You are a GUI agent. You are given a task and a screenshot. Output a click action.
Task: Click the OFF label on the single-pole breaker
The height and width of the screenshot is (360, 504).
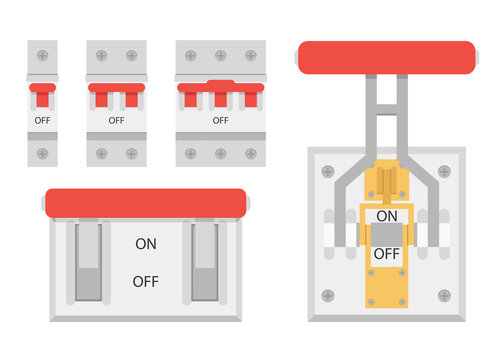[43, 120]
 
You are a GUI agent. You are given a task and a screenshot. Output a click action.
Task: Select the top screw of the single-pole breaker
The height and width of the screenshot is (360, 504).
[43, 56]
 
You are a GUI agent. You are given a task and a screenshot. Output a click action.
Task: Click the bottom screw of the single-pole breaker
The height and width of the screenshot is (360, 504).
[43, 153]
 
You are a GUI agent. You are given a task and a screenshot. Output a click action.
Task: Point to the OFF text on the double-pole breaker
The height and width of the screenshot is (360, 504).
[116, 120]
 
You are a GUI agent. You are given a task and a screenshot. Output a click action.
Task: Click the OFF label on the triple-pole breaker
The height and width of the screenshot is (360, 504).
[220, 120]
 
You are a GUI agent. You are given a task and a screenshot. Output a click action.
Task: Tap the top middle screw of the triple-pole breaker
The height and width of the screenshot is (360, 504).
[220, 56]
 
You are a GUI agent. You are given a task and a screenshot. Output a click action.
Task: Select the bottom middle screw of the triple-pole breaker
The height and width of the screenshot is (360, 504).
[220, 153]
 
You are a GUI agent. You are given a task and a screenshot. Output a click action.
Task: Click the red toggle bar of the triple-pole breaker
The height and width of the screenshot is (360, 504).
[220, 89]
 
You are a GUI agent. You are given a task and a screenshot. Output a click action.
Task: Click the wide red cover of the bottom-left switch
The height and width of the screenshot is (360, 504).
[146, 203]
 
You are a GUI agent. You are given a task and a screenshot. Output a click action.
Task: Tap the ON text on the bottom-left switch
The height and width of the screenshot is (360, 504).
[146, 243]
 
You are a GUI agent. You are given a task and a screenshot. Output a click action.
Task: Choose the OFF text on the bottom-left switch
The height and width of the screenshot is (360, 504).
[146, 281]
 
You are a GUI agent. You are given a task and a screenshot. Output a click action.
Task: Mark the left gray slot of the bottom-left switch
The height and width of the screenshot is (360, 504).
[87, 262]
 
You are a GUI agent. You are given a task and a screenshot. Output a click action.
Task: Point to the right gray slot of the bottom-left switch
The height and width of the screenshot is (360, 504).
[205, 262]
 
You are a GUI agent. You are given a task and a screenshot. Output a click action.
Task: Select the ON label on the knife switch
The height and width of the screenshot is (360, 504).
[386, 215]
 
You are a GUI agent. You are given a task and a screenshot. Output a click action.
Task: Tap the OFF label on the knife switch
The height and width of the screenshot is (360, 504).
[386, 254]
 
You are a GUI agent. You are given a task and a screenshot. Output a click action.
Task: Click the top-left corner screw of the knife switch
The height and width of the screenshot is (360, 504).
[328, 169]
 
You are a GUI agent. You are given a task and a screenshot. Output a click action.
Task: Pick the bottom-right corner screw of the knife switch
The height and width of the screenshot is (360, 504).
[444, 296]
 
